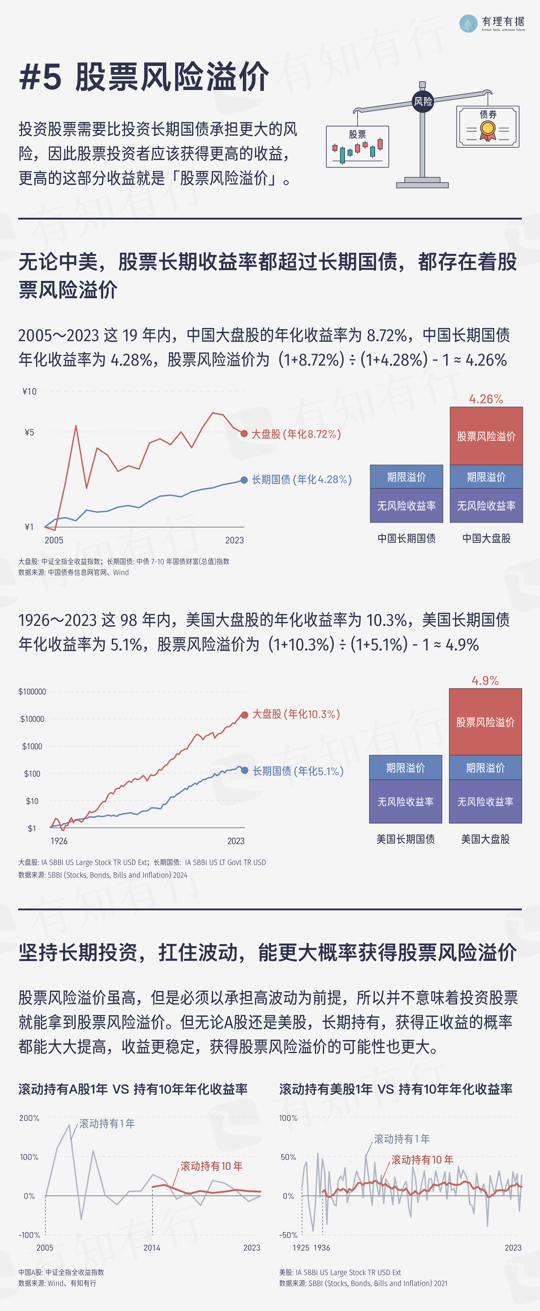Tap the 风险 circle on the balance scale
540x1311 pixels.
pyautogui.click(x=422, y=101)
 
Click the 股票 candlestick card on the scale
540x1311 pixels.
pyautogui.click(x=357, y=147)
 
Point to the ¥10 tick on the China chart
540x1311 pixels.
pyautogui.click(x=30, y=391)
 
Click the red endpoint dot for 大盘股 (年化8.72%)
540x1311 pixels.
pyautogui.click(x=244, y=433)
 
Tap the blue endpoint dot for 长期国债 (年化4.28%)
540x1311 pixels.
pyautogui.click(x=244, y=479)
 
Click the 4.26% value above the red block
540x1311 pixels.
pyautogui.click(x=486, y=399)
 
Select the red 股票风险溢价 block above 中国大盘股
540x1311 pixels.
pyautogui.click(x=486, y=436)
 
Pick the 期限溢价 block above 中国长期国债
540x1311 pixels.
pyautogui.click(x=406, y=477)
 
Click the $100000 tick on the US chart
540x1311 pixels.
pyautogui.click(x=32, y=692)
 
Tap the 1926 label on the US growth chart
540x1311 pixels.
pyautogui.click(x=59, y=841)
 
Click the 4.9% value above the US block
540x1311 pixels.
pyautogui.click(x=485, y=681)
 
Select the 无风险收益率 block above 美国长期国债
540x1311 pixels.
pyautogui.click(x=406, y=802)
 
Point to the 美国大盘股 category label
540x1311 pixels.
pyautogui.click(x=485, y=839)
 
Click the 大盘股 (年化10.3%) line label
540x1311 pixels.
pyautogui.click(x=296, y=714)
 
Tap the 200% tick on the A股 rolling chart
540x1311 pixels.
pyautogui.click(x=29, y=1118)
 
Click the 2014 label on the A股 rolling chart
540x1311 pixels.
pyautogui.click(x=152, y=1247)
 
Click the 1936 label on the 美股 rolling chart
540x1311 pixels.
pyautogui.click(x=321, y=1247)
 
